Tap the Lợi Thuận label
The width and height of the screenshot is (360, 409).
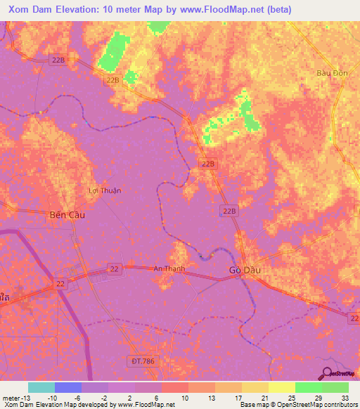click(x=105, y=190)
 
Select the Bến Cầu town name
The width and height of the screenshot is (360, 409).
click(x=67, y=214)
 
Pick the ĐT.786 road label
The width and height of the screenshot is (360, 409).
click(x=142, y=361)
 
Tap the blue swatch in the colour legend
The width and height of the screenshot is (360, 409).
click(x=68, y=387)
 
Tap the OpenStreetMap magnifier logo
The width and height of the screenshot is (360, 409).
click(x=326, y=374)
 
